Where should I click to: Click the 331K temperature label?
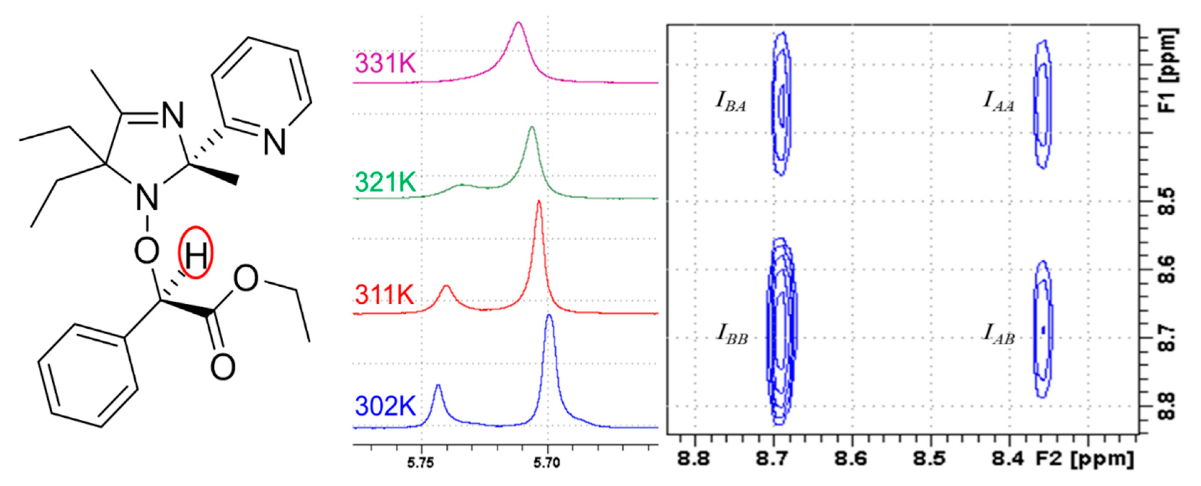pos(385,63)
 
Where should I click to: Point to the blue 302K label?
pos(385,406)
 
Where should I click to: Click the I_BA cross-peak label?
pos(731,101)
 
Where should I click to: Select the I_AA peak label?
pos(998,101)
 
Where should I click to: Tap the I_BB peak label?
pos(732,335)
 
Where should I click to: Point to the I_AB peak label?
pos(998,335)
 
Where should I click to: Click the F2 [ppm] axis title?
pos(1084,459)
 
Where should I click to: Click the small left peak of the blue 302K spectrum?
pos(438,386)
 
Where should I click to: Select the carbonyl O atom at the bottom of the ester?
pos(222,367)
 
